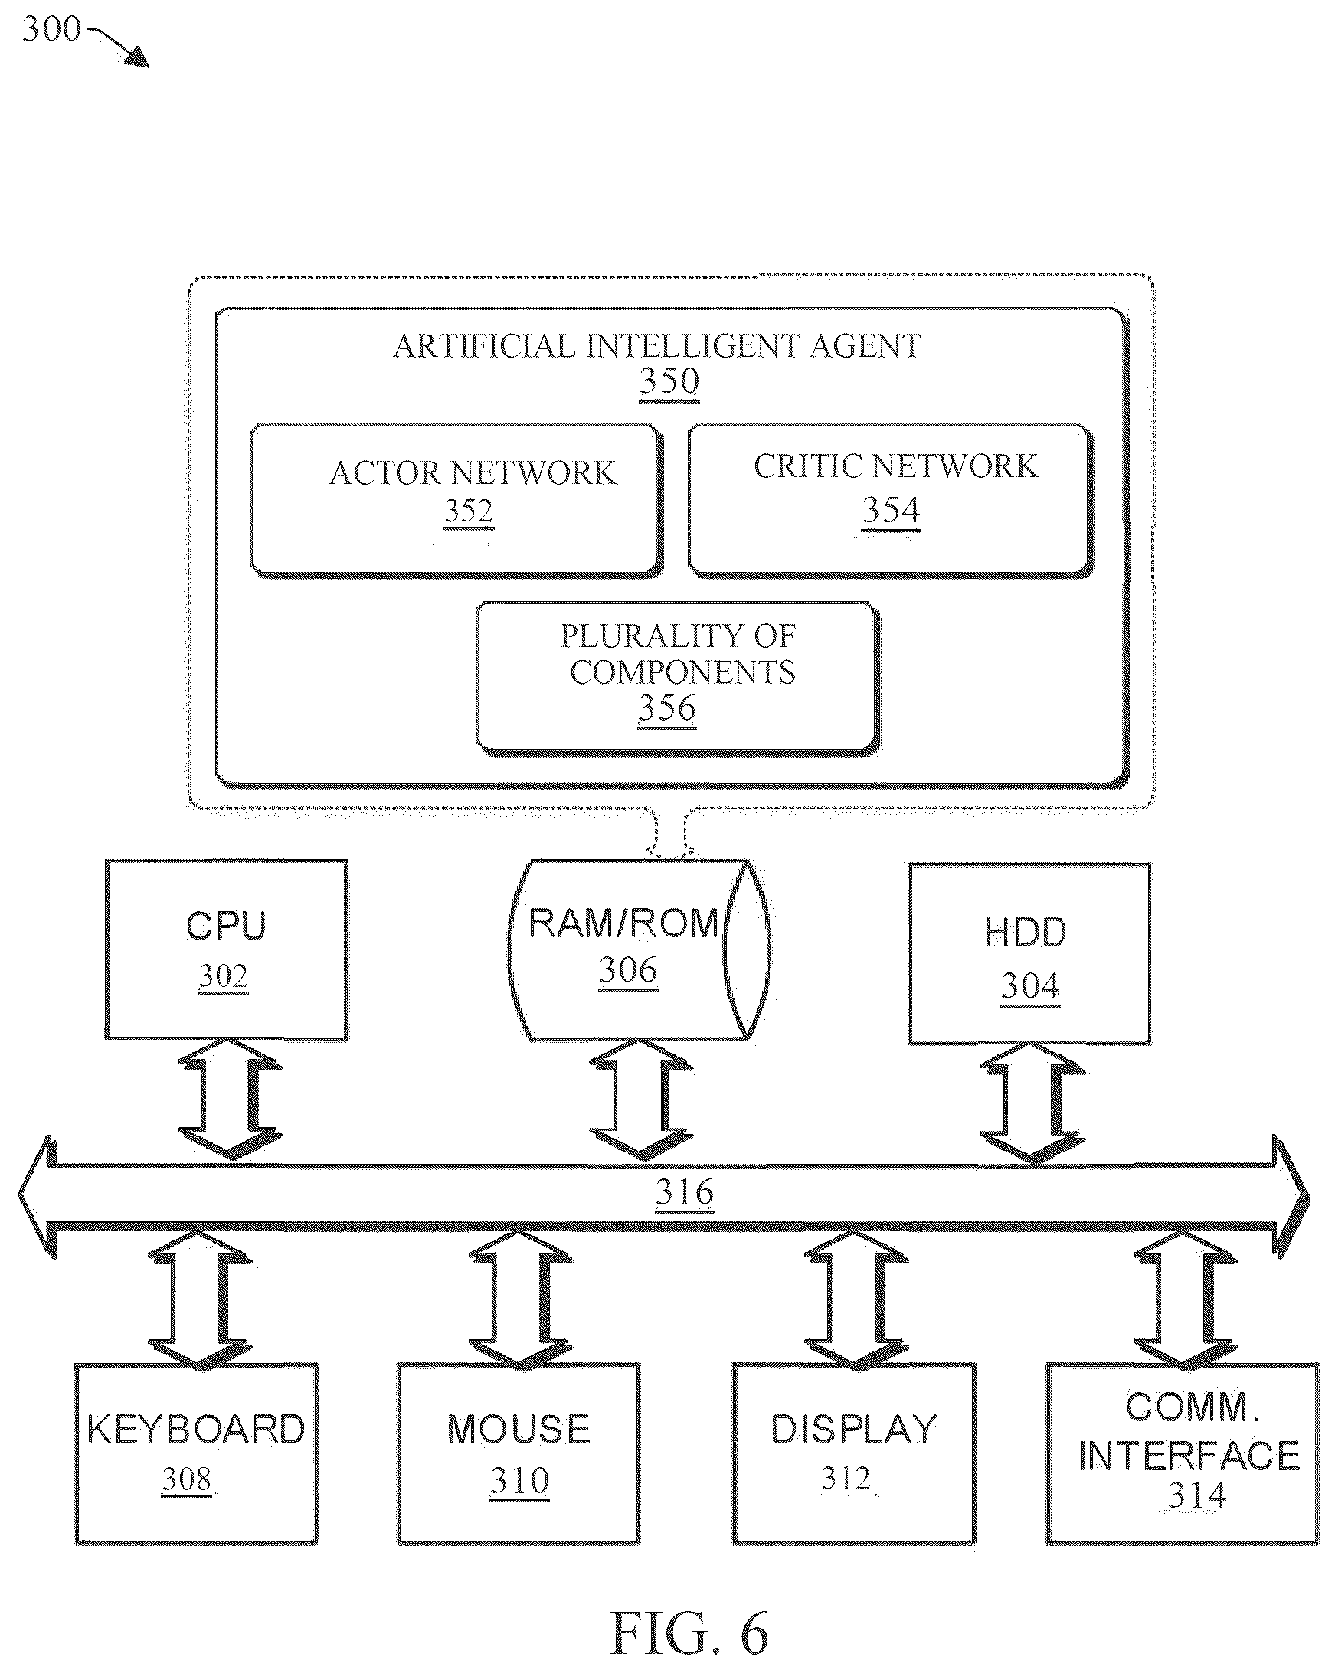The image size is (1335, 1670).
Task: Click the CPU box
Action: [x=226, y=949]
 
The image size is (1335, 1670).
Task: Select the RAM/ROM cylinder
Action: [x=640, y=949]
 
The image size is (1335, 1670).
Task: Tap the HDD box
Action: [x=1029, y=953]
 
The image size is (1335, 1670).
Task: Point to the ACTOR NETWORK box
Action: [x=456, y=500]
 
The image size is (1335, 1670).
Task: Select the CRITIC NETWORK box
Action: [x=891, y=500]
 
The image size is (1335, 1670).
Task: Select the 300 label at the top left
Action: [x=51, y=29]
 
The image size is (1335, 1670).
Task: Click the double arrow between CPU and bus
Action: [x=230, y=1100]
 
